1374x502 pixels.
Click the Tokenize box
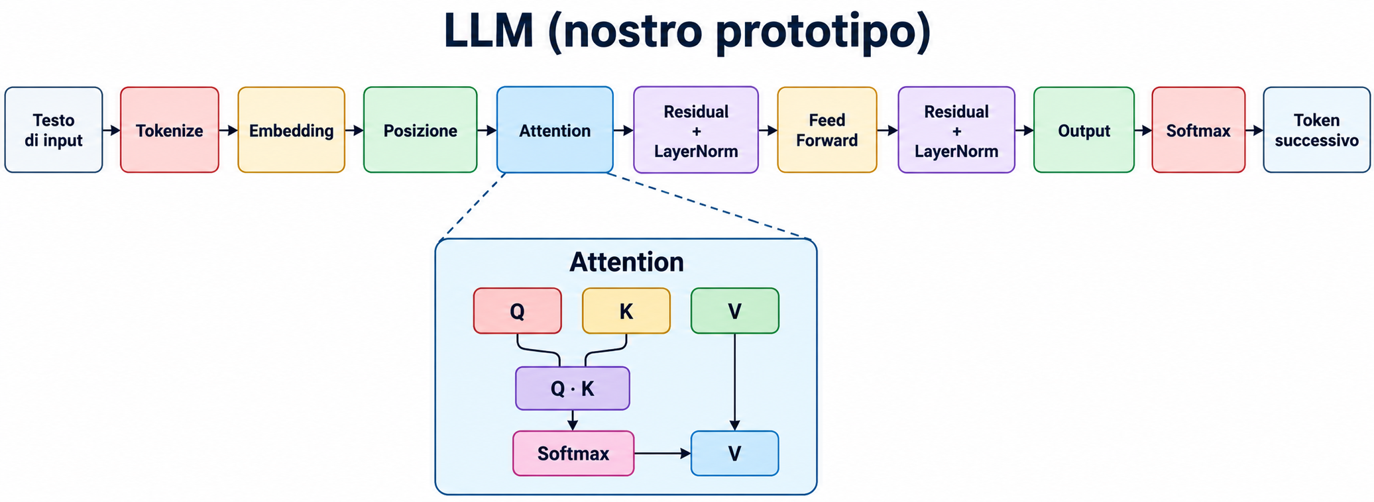point(170,130)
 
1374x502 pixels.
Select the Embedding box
point(292,130)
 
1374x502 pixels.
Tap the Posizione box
point(420,130)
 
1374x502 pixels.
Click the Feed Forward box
point(827,130)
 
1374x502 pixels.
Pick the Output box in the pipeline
point(1084,130)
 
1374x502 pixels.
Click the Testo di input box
point(54,130)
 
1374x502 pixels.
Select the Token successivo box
point(1316,130)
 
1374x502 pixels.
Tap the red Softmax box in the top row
point(1198,130)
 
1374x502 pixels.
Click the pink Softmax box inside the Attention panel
point(573,453)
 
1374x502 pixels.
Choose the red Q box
point(518,311)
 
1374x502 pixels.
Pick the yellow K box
point(626,311)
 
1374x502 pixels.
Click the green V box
point(735,311)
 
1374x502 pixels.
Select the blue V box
point(735,453)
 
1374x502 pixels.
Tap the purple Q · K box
point(573,388)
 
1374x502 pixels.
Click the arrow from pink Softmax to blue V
point(663,453)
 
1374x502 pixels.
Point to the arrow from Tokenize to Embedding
point(229,130)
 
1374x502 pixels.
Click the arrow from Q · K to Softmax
point(573,421)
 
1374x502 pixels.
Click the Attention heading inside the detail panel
point(626,262)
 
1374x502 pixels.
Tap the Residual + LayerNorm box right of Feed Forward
point(956,130)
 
